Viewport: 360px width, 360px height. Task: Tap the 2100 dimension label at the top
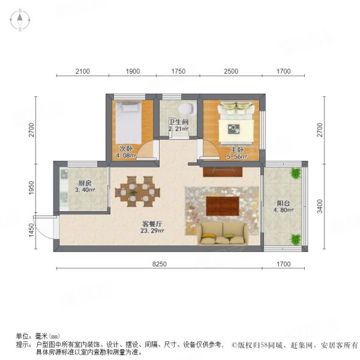(82, 71)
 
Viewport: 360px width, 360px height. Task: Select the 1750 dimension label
(178, 71)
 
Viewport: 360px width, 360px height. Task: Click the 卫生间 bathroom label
(178, 122)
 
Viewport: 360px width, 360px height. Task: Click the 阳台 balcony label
(284, 203)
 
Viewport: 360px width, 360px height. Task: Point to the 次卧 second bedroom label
(125, 149)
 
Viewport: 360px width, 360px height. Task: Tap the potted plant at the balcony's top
(295, 173)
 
